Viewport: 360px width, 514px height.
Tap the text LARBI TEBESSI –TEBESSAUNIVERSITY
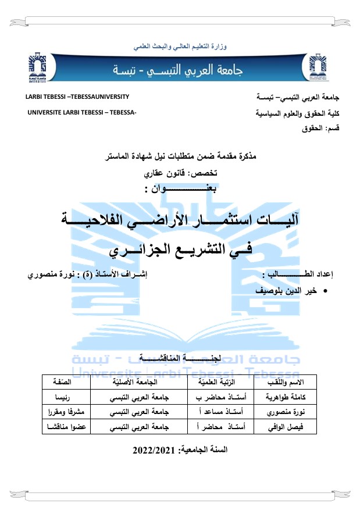pos(77,97)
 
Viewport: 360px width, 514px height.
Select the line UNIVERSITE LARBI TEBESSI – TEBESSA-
pos(82,111)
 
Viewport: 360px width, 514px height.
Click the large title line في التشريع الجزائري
pos(180,251)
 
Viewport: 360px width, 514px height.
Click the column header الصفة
pos(69,381)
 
